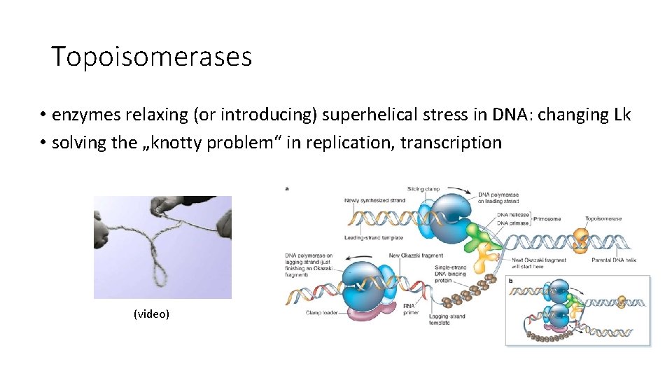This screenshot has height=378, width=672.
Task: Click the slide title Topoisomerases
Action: pyautogui.click(x=151, y=57)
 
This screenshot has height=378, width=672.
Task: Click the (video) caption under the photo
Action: pyautogui.click(x=151, y=314)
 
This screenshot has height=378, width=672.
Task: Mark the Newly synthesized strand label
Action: pyautogui.click(x=374, y=201)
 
